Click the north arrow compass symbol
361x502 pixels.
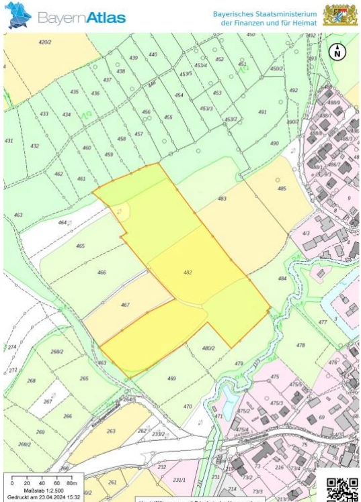(x=338, y=50)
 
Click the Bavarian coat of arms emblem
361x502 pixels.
(x=339, y=15)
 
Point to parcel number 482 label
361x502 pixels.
(x=188, y=272)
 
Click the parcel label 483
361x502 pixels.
(x=222, y=199)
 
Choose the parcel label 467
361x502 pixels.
(x=125, y=305)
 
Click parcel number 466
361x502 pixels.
(x=102, y=272)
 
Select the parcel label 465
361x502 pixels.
(x=81, y=246)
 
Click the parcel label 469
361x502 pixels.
(x=171, y=379)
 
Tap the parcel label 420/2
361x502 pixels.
(x=45, y=42)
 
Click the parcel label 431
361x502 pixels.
(x=9, y=141)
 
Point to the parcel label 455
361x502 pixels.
(x=168, y=117)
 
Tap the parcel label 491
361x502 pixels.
(x=262, y=112)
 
